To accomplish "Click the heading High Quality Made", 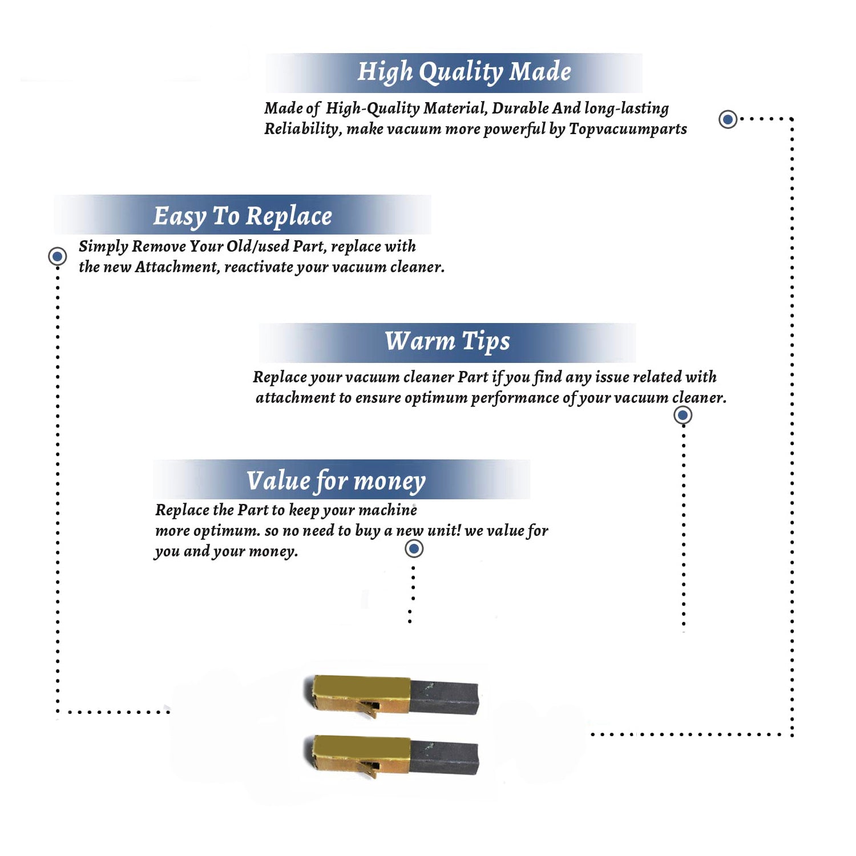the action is click(x=464, y=72).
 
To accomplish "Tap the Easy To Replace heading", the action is click(x=243, y=217).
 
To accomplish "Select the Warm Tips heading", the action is click(x=447, y=342).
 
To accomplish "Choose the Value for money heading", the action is click(x=336, y=481).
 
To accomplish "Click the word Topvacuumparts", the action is click(x=628, y=130).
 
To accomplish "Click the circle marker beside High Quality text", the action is click(x=728, y=119).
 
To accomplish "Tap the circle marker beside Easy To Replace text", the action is click(x=57, y=256).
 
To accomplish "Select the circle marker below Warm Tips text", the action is click(x=683, y=415).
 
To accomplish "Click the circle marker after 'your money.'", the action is click(x=414, y=549).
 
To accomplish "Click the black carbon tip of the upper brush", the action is click(x=444, y=697).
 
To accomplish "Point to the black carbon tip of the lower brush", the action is click(x=444, y=757).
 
